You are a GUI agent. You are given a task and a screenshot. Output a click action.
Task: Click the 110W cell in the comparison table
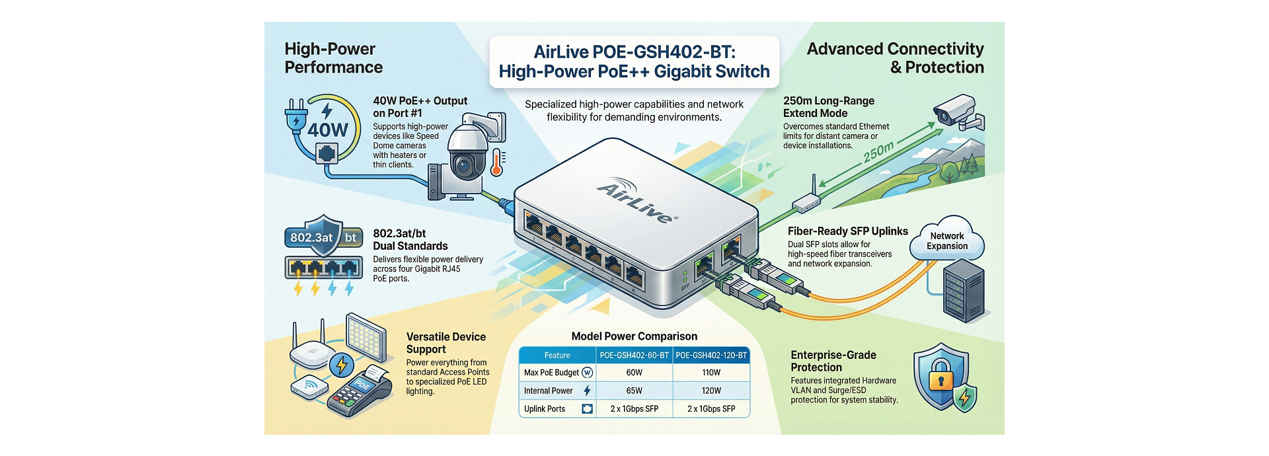(x=711, y=373)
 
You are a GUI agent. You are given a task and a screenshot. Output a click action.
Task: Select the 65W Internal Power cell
(x=634, y=391)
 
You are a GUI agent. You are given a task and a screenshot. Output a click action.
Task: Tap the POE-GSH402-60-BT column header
(x=634, y=356)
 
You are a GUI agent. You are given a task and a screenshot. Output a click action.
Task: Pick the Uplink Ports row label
(x=545, y=409)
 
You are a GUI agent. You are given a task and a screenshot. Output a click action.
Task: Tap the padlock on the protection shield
(x=941, y=376)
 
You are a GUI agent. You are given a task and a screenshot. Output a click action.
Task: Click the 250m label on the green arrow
(x=879, y=153)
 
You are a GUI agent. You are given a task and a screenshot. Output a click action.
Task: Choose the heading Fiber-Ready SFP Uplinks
(x=847, y=231)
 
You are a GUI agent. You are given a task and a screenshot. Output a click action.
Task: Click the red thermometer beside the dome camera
(x=496, y=162)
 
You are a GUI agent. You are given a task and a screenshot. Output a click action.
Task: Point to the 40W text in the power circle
(x=327, y=130)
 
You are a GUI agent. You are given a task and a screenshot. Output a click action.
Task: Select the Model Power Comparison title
(x=634, y=336)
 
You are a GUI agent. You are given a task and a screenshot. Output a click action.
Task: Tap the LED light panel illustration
(x=365, y=338)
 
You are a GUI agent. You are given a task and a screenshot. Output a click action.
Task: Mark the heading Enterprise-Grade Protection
(x=833, y=361)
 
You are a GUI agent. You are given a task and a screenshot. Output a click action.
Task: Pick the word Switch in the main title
(x=739, y=71)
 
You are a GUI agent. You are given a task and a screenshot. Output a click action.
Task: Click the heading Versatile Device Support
(x=445, y=343)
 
